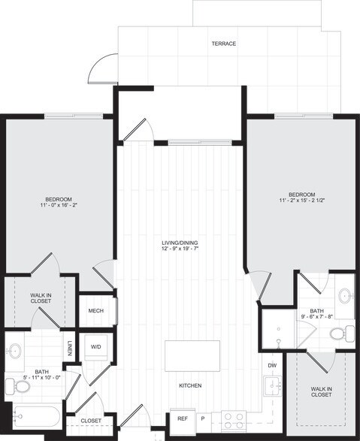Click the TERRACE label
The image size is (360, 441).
[x=224, y=44]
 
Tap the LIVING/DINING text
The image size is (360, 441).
[x=179, y=243]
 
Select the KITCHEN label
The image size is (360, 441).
[x=189, y=385]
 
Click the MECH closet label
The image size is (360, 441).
[x=95, y=311]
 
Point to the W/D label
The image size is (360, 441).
[x=96, y=347]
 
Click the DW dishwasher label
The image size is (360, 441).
[x=272, y=365]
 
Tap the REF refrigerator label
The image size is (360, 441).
[x=183, y=418]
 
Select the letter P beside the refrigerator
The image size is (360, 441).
[x=202, y=418]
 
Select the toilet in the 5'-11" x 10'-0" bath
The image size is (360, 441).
[x=18, y=386]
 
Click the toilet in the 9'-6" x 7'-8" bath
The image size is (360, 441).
[x=339, y=333]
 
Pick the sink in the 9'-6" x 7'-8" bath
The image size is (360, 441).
[x=344, y=295]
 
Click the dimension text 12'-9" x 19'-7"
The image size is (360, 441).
[x=179, y=250]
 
